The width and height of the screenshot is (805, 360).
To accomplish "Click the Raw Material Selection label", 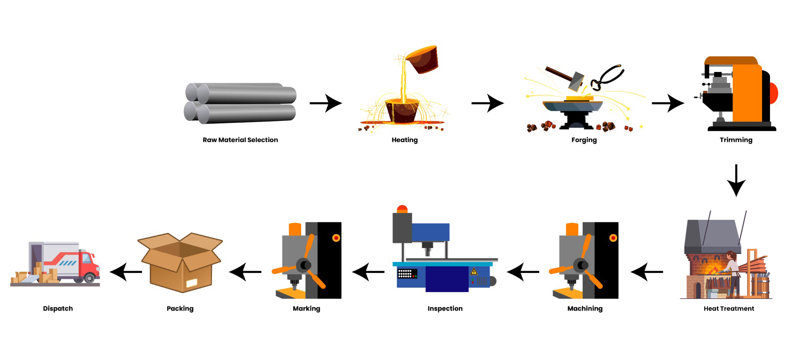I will click(x=240, y=140).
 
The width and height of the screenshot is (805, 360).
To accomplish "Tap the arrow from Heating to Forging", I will click(x=487, y=103).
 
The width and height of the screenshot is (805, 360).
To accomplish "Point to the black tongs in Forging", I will click(x=607, y=77).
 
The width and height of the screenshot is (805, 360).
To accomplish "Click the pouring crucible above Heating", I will click(x=423, y=59).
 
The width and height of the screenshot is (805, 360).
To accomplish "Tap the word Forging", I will click(x=584, y=140).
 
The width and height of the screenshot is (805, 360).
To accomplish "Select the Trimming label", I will click(x=735, y=140).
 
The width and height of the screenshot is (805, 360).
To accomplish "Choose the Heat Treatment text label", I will click(x=728, y=309).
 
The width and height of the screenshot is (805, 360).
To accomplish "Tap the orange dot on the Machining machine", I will click(x=613, y=238).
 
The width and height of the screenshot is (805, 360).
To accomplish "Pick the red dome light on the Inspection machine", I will click(x=402, y=209).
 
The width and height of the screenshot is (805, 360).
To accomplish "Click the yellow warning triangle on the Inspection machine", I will click(x=474, y=272).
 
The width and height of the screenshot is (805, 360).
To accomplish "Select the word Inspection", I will click(x=445, y=309).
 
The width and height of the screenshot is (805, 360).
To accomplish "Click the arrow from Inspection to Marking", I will click(x=368, y=272).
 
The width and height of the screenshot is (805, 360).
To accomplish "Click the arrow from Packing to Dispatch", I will click(x=126, y=272).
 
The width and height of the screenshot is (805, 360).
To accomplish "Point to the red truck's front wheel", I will click(x=89, y=277).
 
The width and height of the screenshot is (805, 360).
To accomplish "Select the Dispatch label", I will click(x=58, y=309).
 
